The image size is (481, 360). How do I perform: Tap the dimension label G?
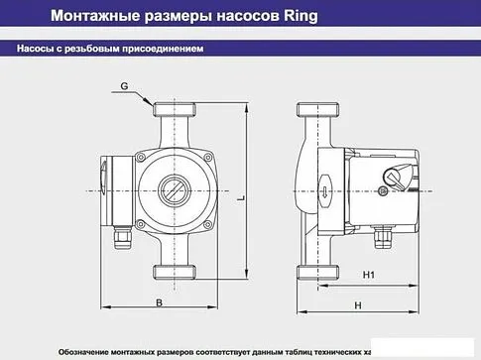pos(126,87)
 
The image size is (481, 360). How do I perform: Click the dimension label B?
pos(159,304)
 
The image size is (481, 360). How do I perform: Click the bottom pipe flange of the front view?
pos(176,273)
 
